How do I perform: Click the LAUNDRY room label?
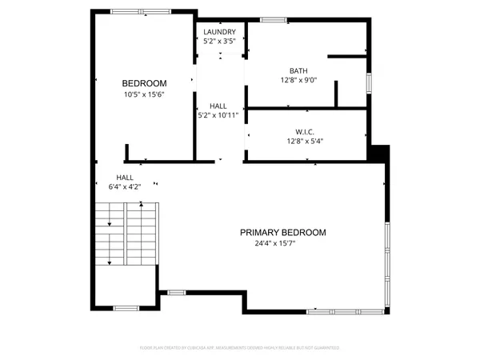tap(219, 32)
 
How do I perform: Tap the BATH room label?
tap(299, 70)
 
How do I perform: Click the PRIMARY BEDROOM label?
tap(283, 233)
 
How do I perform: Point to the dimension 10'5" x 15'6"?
tap(144, 94)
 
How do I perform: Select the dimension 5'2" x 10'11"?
tap(218, 115)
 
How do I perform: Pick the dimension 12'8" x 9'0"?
tap(299, 80)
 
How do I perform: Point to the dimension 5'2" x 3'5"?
tap(219, 42)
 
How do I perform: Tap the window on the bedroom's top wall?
tap(134, 11)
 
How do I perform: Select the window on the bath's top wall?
tap(273, 19)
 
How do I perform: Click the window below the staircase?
tap(126, 308)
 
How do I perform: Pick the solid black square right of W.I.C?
tap(378, 152)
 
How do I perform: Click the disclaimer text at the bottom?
tap(239, 348)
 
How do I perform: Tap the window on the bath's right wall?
tap(369, 82)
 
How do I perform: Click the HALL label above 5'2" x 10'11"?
tap(218, 106)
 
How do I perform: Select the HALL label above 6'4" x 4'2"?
tap(125, 178)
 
